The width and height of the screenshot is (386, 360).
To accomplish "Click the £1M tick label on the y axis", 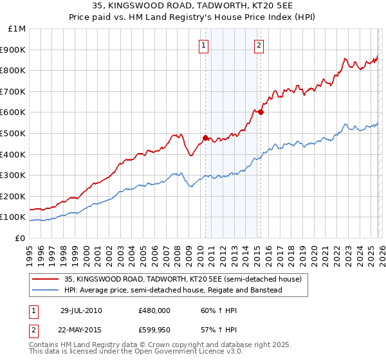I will [17, 29].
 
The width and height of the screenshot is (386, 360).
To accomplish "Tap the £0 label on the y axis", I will [20, 238].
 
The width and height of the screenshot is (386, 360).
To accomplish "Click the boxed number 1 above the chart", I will [204, 45].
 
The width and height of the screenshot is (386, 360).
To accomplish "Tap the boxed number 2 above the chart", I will [259, 45].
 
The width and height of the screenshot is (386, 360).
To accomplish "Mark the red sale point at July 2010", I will [205, 137].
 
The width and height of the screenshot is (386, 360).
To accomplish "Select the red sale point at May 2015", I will [261, 112].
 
